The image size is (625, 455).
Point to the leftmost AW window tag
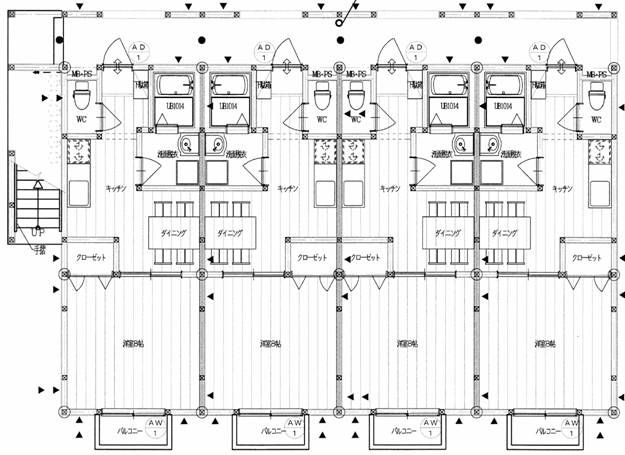point(154,428)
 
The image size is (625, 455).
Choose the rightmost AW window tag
point(571,428)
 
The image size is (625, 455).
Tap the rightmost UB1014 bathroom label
point(503,106)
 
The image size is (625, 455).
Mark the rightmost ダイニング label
point(503,232)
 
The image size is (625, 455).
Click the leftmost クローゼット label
point(90,257)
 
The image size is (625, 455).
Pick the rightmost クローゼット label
point(588,257)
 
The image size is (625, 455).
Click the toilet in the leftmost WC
point(81,97)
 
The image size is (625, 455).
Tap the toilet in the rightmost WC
point(597,97)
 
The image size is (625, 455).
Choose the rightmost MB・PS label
point(597,75)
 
